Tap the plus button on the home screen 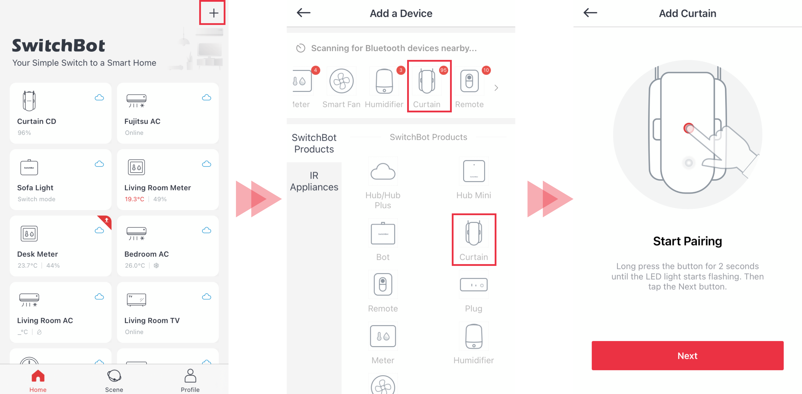[213, 13]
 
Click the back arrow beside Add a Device [304, 13]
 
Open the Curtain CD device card [61, 113]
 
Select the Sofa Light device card [61, 180]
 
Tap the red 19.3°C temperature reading [134, 199]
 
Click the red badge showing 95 [443, 70]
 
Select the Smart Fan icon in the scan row [341, 81]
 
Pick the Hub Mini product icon [474, 171]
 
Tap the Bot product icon [383, 233]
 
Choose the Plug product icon [474, 284]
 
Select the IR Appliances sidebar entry [314, 181]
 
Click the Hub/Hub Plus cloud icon [383, 171]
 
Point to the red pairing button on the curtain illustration [689, 128]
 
